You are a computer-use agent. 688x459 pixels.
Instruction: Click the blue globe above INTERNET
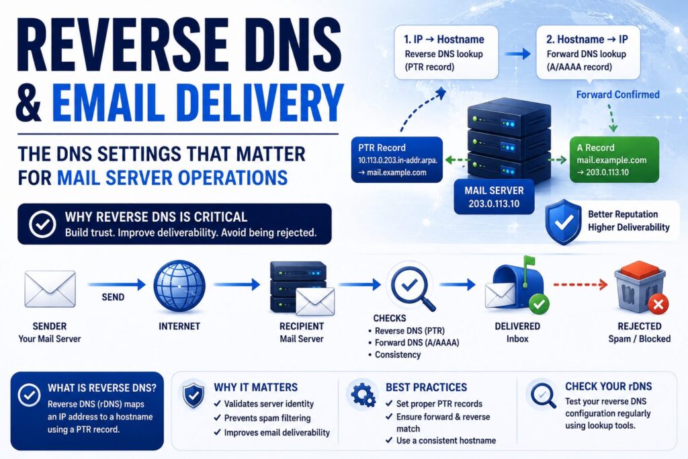[x=179, y=286]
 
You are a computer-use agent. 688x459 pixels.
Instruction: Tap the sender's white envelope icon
[x=50, y=289]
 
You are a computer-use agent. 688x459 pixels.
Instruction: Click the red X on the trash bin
[x=658, y=304]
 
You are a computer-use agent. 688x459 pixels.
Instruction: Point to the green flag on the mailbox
[x=529, y=263]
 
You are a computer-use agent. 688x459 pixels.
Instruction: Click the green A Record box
[x=614, y=160]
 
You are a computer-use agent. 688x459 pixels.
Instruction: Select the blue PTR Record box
[x=397, y=160]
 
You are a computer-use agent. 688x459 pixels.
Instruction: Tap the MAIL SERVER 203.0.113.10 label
[x=494, y=197]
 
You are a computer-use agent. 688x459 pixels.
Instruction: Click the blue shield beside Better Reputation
[x=564, y=222]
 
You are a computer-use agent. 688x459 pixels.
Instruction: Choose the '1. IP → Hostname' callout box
[x=446, y=52]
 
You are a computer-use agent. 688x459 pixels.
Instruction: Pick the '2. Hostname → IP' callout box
[x=588, y=52]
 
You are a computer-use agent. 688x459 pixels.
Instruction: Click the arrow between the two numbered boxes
[x=517, y=54]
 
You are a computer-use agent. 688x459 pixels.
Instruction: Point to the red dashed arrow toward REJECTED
[x=580, y=285]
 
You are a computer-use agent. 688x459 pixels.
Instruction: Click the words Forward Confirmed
[x=618, y=94]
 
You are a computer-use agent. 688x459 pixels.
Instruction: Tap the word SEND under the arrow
[x=113, y=297]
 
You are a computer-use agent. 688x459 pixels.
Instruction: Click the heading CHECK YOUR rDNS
[x=609, y=386]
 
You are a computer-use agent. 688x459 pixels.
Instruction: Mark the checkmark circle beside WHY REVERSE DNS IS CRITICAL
[x=42, y=224]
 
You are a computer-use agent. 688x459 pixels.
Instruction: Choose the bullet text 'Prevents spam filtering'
[x=267, y=418]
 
